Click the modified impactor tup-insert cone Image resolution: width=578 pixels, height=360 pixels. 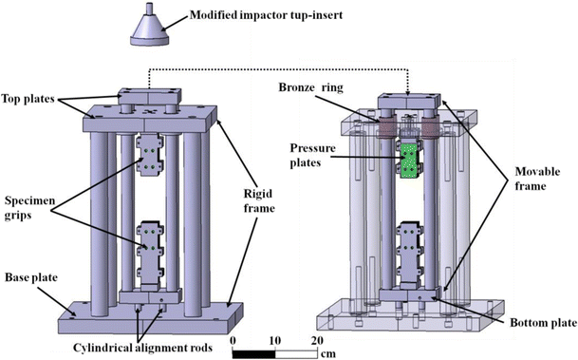(149, 28)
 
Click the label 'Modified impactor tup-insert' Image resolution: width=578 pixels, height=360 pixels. (268, 15)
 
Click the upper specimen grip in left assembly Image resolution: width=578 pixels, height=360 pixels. (150, 156)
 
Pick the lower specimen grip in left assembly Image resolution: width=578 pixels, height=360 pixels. (150, 240)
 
